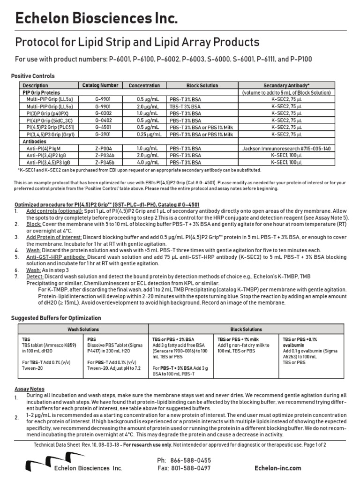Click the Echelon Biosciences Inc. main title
pyautogui.click(x=97, y=19)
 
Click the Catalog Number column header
pyautogui.click(x=100, y=86)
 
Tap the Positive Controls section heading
pyautogui.click(x=33, y=75)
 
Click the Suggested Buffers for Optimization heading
pyautogui.click(x=60, y=318)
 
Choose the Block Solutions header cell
pyautogui.click(x=246, y=329)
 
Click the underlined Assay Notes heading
pyautogui.click(x=30, y=389)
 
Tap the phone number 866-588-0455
pyautogui.click(x=191, y=460)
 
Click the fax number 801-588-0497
pyautogui.click(x=191, y=468)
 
